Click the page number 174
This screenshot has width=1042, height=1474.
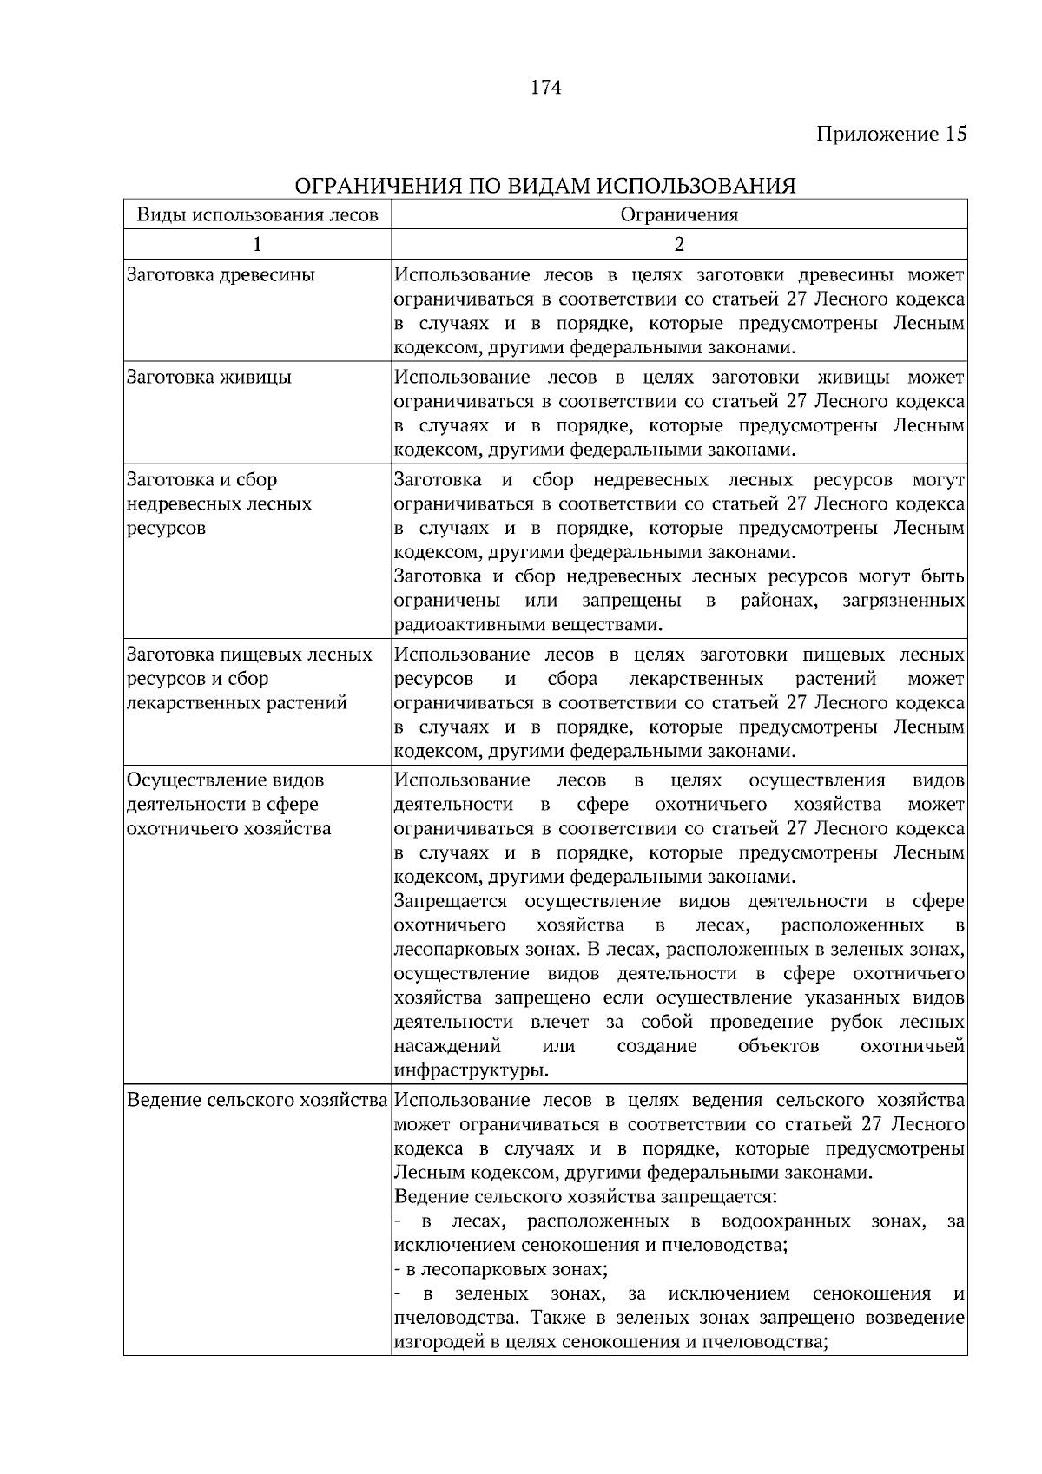pos(545,87)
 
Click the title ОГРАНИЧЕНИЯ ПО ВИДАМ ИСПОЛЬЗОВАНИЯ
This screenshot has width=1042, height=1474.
pos(545,186)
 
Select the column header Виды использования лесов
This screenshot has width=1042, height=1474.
pos(257,215)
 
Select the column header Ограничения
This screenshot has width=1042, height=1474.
pos(679,215)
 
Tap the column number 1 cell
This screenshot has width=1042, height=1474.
pos(257,244)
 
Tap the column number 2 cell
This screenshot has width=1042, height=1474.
pos(679,244)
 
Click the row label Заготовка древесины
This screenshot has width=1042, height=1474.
pos(221,275)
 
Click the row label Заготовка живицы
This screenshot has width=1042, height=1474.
pos(209,378)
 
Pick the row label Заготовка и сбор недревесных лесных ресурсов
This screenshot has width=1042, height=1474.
pos(219,504)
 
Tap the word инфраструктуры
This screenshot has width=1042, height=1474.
pos(471,1070)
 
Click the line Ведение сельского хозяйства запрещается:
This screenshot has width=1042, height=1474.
pos(585,1197)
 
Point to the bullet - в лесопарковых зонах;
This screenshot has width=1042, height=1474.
pos(500,1270)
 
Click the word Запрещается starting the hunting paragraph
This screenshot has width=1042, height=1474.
pos(450,901)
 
